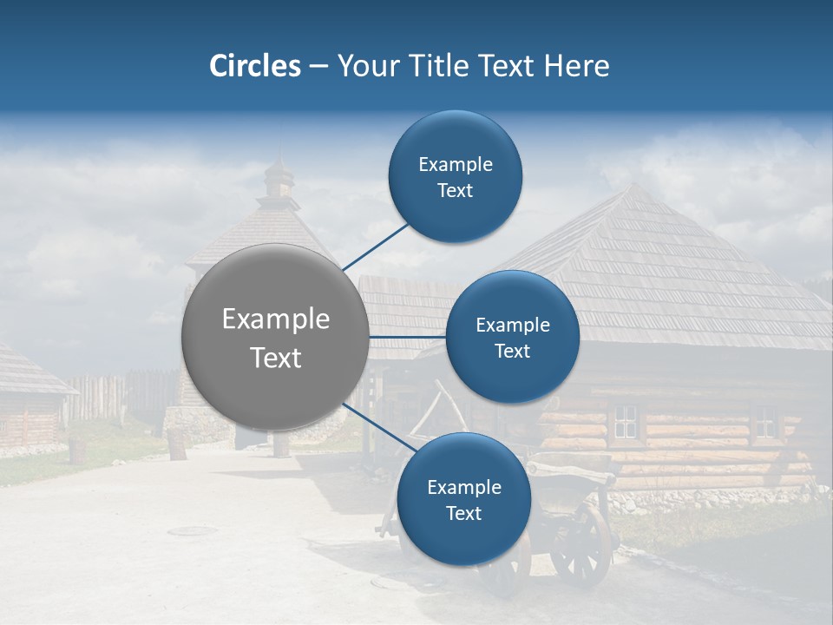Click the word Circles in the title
point(254,66)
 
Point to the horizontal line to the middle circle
point(407,336)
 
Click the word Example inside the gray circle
point(276,319)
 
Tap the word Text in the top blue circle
point(455,191)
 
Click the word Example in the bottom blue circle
point(463,487)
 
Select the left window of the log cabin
point(625,422)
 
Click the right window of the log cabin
point(764,421)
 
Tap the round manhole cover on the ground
point(193,530)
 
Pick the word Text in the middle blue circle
point(512,352)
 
